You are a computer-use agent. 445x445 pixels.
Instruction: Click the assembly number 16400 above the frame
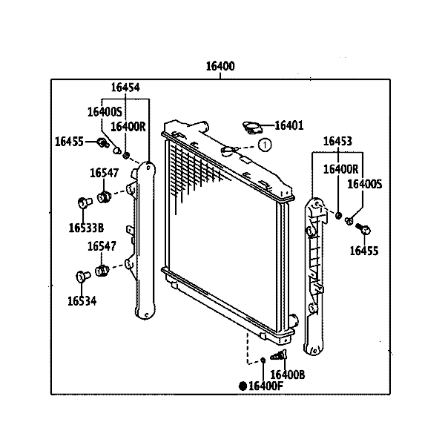point(220,66)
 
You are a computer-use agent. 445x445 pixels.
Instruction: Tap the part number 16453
point(337,142)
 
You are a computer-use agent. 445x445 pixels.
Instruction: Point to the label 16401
point(289,126)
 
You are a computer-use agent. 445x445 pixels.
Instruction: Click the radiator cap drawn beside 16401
point(251,128)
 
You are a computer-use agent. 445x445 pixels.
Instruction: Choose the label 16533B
point(86,227)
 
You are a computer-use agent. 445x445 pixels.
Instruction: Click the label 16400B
point(288,375)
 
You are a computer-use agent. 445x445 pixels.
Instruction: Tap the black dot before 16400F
point(242,386)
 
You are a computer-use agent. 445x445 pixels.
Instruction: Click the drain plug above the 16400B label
point(283,357)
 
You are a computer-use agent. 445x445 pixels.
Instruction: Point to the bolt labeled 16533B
point(83,201)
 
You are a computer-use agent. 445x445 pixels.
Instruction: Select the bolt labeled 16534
point(82,277)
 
